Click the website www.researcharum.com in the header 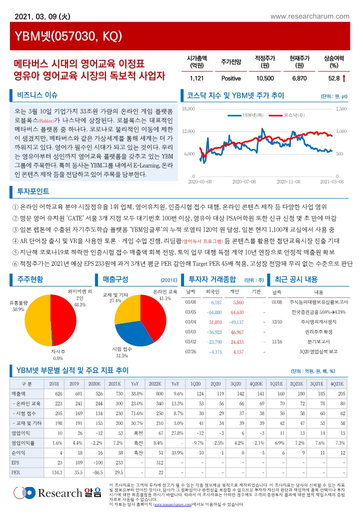click(309, 16)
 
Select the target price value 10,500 click(264, 78)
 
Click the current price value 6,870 click(298, 78)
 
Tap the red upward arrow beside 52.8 click(344, 78)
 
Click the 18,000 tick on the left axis click(188, 108)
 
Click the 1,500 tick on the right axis click(341, 108)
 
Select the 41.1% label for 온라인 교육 click(165, 298)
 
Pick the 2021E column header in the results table click(114, 383)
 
